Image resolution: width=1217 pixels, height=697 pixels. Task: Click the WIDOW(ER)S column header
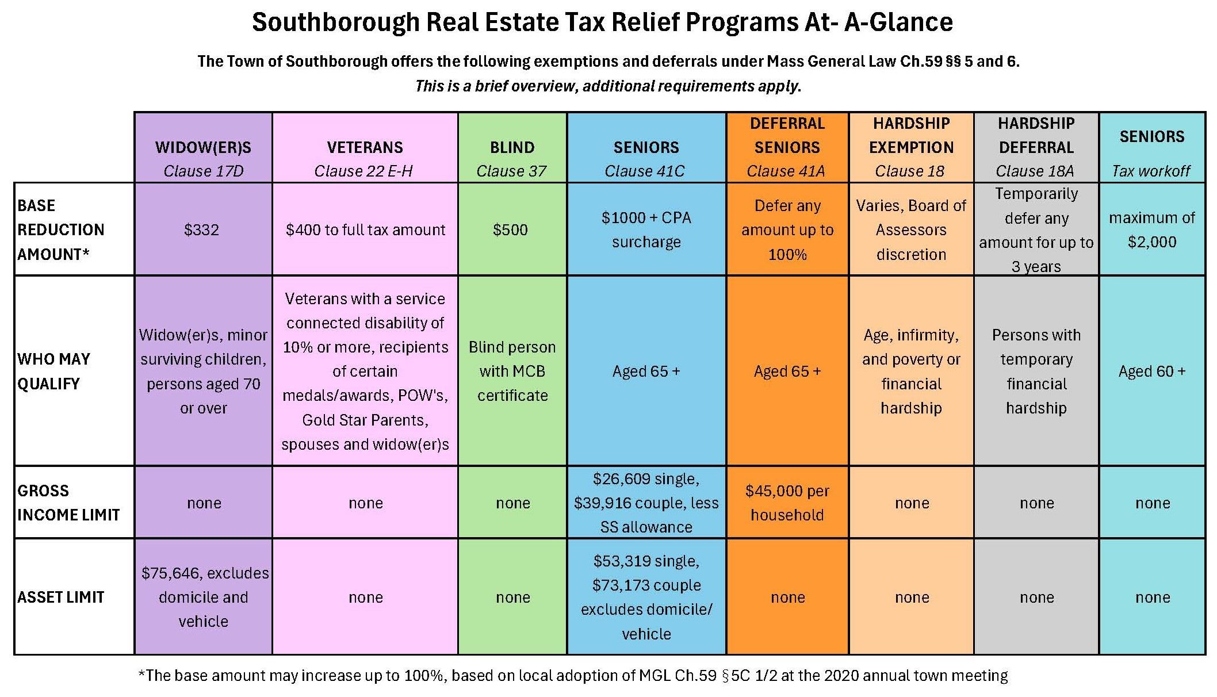point(203,148)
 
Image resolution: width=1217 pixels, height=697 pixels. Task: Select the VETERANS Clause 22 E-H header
point(365,148)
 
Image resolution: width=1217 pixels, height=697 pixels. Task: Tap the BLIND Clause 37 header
point(512,148)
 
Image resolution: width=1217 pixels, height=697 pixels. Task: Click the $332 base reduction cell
point(202,229)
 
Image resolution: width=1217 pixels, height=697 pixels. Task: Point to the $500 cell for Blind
point(510,229)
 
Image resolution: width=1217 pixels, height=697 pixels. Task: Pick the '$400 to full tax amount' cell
point(365,229)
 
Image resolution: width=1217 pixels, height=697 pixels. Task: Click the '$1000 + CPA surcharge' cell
point(646,229)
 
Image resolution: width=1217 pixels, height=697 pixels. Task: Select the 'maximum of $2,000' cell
point(1151,229)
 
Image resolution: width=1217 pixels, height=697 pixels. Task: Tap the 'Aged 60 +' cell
point(1151,371)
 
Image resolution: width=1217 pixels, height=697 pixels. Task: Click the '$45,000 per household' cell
point(787,503)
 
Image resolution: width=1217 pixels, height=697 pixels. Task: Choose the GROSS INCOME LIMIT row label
point(68,503)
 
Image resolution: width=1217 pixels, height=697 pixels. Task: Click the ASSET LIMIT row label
point(61,597)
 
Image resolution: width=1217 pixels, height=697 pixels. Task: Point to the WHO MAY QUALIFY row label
point(54,371)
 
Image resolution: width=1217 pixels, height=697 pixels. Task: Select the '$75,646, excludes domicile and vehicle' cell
point(204,597)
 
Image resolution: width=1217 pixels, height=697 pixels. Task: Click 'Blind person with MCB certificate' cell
point(512,371)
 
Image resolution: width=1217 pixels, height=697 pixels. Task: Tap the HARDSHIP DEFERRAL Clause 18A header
point(1036,148)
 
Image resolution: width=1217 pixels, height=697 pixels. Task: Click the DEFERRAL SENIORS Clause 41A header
point(787,148)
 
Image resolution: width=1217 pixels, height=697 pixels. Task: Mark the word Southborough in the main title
point(336,23)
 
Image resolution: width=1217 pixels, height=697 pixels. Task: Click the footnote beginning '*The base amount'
point(572,675)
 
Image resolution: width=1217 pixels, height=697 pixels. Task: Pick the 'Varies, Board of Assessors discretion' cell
point(911,229)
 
